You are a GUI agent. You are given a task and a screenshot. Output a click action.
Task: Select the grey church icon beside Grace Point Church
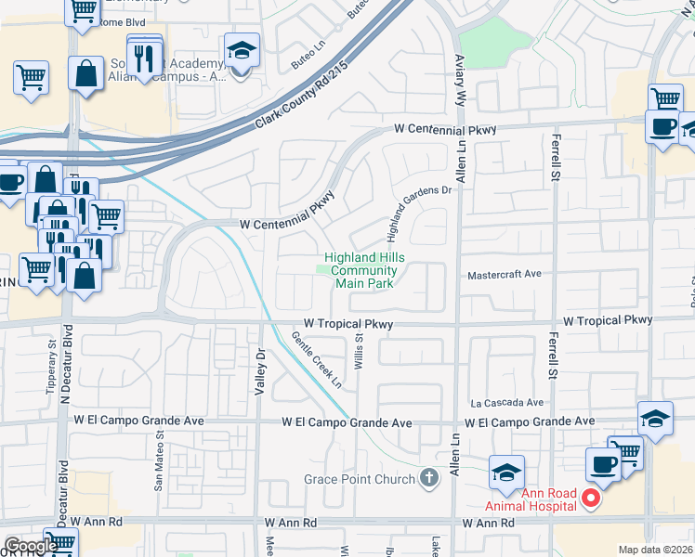click(x=428, y=479)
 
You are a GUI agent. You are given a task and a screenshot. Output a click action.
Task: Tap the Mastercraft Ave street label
click(x=505, y=275)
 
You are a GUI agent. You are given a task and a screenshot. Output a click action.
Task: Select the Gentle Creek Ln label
click(x=317, y=360)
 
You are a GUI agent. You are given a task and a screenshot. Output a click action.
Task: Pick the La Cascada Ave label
click(x=506, y=403)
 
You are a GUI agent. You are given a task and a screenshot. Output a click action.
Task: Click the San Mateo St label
click(x=159, y=460)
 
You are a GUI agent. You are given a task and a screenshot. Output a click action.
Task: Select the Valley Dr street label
click(x=261, y=369)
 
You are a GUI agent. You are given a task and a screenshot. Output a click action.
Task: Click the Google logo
click(x=30, y=546)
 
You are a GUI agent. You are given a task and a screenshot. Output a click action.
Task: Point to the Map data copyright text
click(x=654, y=550)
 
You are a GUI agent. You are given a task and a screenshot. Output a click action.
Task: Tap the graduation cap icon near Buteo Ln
click(x=242, y=51)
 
